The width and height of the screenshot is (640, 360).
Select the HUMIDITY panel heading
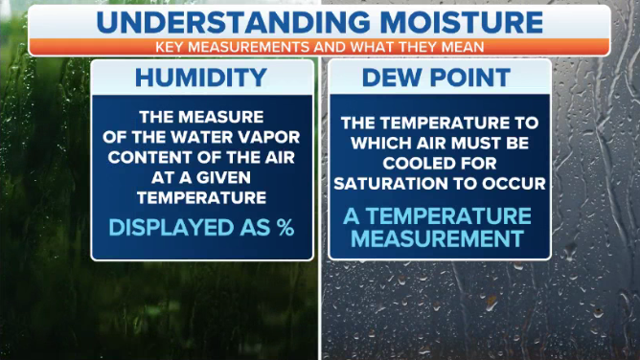(202, 78)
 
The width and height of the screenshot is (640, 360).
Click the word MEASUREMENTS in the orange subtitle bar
(269, 46)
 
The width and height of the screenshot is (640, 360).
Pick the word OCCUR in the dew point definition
(516, 182)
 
